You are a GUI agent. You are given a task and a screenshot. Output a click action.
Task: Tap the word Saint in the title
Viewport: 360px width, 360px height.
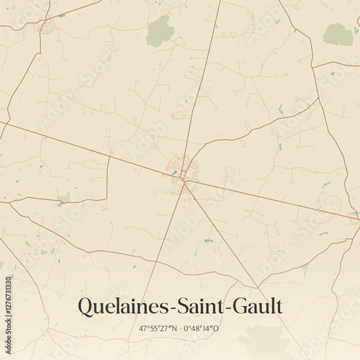[194, 306]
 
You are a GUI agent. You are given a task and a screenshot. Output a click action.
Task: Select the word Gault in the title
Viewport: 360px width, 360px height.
[255, 306]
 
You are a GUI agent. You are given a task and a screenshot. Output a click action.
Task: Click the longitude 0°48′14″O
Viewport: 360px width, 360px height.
[201, 328]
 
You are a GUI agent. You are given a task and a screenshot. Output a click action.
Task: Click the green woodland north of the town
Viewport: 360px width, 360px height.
[160, 32]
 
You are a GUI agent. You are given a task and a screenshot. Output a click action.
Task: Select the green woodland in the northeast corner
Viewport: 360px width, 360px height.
[338, 34]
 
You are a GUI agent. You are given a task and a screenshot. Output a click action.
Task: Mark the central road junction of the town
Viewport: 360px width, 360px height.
[184, 179]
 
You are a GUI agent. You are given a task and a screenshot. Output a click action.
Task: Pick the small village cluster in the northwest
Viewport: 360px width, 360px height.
[48, 28]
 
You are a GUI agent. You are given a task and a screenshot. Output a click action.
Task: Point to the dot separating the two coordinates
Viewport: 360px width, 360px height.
[180, 328]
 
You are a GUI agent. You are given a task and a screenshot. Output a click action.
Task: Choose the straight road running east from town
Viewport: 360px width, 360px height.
[274, 197]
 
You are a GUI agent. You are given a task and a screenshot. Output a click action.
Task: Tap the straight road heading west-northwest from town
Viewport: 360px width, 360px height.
[86, 150]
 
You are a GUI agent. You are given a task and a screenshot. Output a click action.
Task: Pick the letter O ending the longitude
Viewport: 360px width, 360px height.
[217, 328]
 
